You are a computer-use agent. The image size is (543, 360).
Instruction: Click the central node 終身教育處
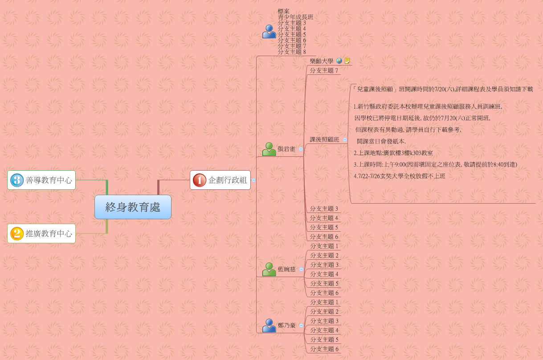coord(133,207)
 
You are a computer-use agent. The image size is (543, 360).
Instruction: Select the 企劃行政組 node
coord(220,180)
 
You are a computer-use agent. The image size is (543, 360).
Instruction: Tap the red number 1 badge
coord(199,180)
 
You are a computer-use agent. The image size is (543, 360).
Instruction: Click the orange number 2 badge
coord(17,233)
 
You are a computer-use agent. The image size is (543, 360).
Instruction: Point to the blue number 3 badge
coord(17,180)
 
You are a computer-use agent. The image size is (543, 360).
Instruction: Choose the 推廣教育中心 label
coord(49,233)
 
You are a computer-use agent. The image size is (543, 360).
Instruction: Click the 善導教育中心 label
coord(49,180)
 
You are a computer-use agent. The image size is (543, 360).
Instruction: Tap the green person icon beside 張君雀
coord(269,149)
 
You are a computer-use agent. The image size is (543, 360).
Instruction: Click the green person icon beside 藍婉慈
coord(269,269)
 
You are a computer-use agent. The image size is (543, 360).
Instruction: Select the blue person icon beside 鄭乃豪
coord(269,325)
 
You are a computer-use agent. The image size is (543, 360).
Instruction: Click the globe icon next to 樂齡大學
coord(339,61)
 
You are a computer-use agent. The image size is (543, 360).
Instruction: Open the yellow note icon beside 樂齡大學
coord(347,61)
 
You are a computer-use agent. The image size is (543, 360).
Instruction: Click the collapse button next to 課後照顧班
coord(345,139)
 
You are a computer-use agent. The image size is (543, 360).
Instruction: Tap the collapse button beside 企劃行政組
coord(253,180)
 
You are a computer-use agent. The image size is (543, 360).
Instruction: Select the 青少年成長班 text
coord(295,17)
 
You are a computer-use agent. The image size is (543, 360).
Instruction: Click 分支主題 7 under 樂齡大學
coord(324,70)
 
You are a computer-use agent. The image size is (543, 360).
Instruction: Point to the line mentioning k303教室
coord(393,153)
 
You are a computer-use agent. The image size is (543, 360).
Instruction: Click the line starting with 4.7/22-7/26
coord(400,176)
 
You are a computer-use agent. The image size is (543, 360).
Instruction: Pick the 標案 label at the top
coord(284,11)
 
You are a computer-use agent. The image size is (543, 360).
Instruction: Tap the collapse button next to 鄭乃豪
coord(301,325)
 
